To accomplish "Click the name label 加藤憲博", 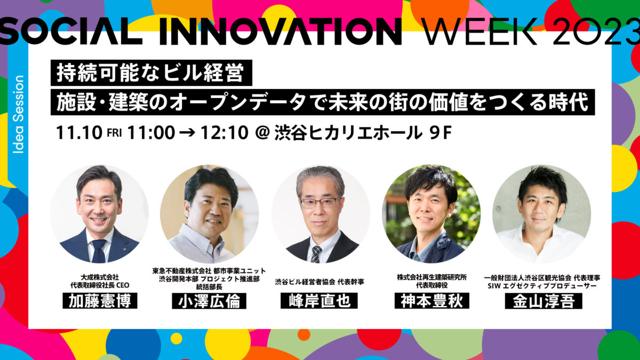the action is coord(100,301).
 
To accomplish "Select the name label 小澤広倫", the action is coord(209,301).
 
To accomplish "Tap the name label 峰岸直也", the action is coord(319,301).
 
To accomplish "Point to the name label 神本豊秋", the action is coord(432,301).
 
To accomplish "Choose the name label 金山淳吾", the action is coord(543,301).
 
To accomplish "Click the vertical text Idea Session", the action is coord(19,114).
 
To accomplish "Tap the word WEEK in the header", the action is coord(481,31).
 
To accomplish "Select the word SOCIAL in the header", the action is coord(71,31).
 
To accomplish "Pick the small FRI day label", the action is coord(114,133).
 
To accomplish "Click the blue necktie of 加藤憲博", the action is coord(99,251).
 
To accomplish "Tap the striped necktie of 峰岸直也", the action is coord(316,254).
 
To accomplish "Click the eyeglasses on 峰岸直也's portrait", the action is coord(320,203).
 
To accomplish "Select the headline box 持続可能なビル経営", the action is coord(151,73).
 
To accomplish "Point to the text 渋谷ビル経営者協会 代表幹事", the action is coord(319,282).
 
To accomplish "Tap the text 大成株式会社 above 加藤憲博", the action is coord(100,277).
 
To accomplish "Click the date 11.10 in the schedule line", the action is coord(79,133).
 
